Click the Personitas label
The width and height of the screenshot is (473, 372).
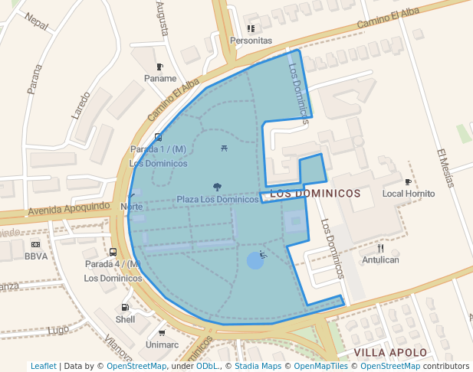251,40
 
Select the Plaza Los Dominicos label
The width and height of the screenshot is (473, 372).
218,199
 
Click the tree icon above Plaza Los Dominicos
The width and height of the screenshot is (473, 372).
218,186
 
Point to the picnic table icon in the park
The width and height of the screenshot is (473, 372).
222,147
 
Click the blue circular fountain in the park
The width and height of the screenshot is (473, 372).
255,261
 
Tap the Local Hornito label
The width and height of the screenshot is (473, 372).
409,194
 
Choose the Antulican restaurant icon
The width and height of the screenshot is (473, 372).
381,248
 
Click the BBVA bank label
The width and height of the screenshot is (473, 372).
36,256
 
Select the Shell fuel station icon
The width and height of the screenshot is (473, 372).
125,308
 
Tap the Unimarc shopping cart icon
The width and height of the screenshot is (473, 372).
162,333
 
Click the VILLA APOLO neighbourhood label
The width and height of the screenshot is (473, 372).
390,352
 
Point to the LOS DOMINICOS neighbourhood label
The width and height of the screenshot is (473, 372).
316,194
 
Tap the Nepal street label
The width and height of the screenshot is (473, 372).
35,22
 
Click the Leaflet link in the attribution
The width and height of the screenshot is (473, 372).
43,366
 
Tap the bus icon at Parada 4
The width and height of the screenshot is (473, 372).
113,252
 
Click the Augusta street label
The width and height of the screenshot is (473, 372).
162,18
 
